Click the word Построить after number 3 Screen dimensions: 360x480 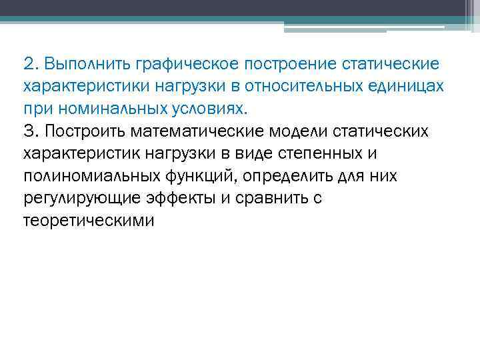click(83, 131)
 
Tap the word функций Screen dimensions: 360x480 click(200, 175)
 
